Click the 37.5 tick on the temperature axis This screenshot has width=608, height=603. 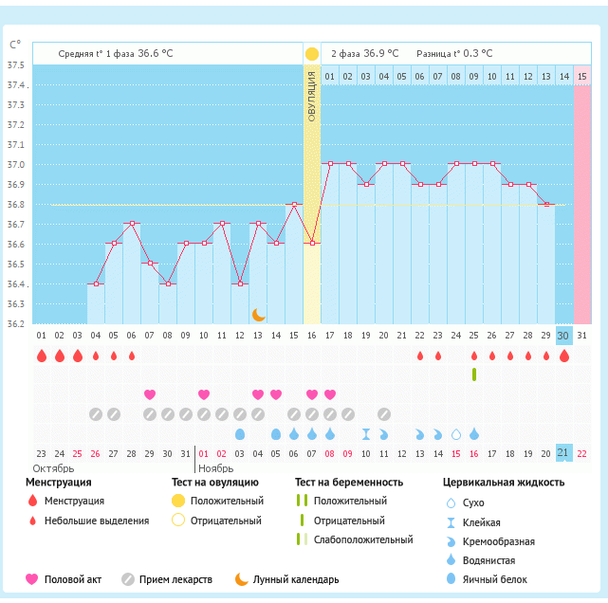[16, 65]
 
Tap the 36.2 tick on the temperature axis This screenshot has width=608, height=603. [16, 323]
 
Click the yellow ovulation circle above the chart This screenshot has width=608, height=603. [311, 53]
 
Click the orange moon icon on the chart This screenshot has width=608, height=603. [258, 314]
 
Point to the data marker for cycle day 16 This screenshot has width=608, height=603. [311, 244]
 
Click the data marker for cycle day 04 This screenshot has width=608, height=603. [95, 283]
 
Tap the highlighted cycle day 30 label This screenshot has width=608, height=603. [563, 336]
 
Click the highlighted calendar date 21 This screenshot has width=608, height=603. [563, 452]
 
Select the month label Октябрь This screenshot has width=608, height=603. [53, 468]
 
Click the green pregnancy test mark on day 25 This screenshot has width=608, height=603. [473, 375]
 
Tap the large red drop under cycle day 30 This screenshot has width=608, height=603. [563, 356]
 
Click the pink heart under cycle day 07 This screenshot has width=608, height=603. [149, 394]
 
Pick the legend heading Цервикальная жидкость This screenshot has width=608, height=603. [504, 483]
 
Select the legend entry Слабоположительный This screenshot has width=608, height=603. [364, 539]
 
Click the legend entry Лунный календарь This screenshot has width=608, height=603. [295, 579]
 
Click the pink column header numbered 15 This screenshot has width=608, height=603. [581, 76]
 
